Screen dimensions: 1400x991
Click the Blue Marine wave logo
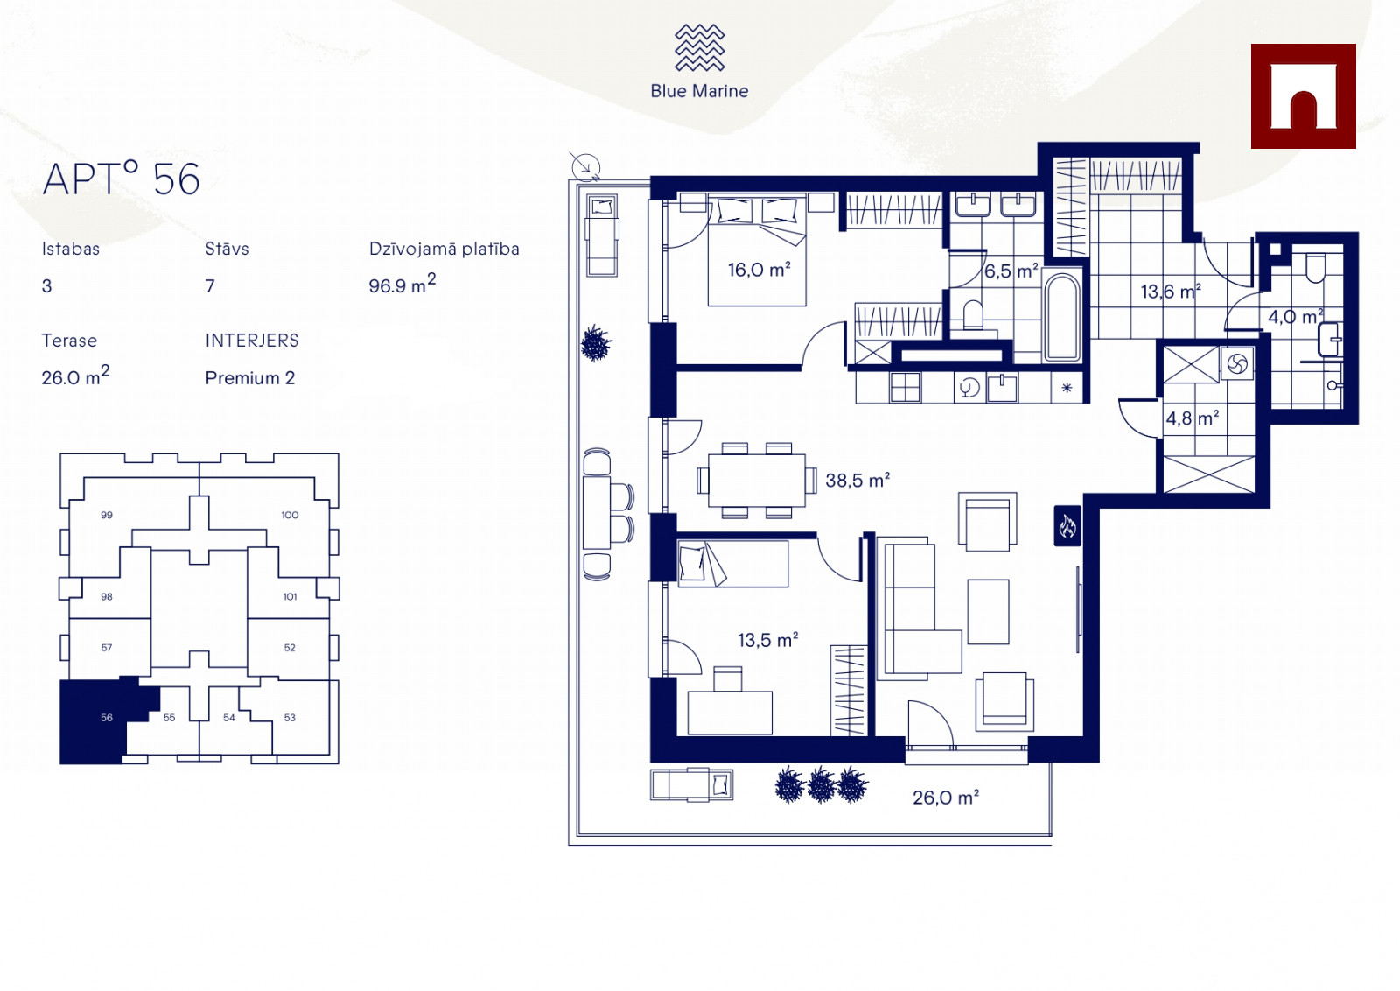tap(699, 47)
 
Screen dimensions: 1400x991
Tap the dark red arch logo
tap(1303, 96)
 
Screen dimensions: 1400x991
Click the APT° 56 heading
tap(122, 179)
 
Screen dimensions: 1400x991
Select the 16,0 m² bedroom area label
tap(759, 270)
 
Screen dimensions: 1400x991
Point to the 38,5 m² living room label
tap(857, 481)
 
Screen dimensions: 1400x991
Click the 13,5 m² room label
tap(767, 640)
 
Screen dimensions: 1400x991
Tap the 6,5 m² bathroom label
tap(1011, 271)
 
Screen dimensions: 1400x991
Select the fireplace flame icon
tap(1067, 526)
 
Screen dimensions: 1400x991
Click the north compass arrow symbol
tap(585, 167)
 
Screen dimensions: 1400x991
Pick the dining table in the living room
tap(756, 481)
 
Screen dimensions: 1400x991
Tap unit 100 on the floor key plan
tap(290, 515)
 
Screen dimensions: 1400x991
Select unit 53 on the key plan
tap(290, 718)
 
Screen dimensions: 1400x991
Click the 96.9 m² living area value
tap(402, 284)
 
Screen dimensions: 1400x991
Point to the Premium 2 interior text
tap(250, 377)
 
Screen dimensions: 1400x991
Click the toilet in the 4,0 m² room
tap(1316, 268)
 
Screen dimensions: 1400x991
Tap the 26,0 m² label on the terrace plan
tap(946, 798)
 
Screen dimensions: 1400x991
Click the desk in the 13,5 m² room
tap(730, 712)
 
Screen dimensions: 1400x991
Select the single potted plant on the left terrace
tap(596, 343)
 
